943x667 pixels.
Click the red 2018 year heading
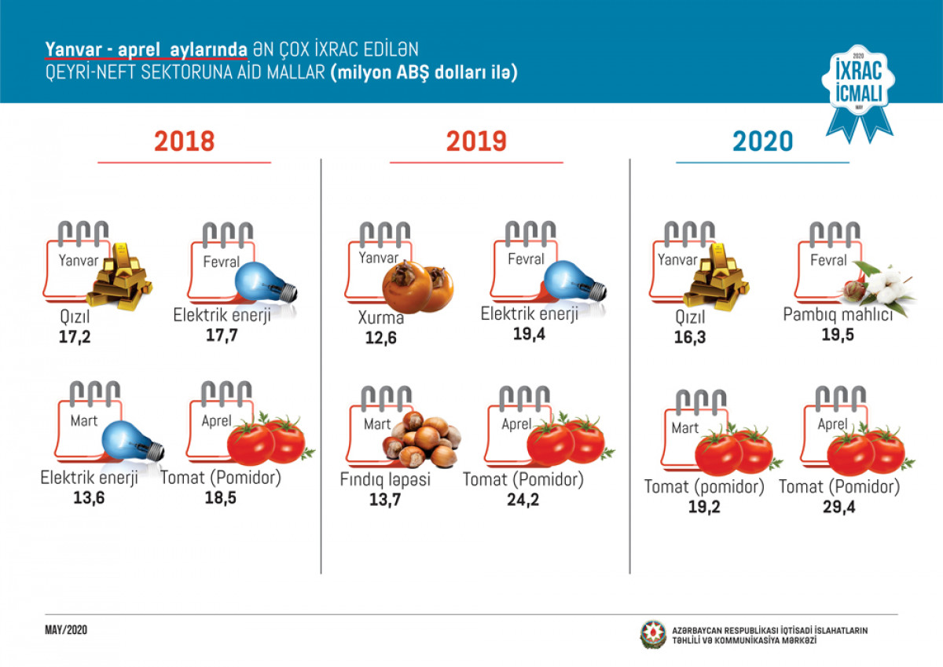tap(184, 141)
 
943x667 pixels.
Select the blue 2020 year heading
tap(762, 141)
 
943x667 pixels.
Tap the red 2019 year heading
tap(476, 141)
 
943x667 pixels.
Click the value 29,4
tap(838, 507)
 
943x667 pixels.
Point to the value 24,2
tap(523, 500)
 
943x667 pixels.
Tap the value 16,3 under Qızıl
tap(688, 337)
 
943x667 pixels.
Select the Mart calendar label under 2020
tap(684, 428)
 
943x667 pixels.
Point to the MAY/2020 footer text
tap(65, 632)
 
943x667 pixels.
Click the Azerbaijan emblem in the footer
tap(651, 635)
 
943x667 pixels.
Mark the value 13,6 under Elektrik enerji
tap(89, 497)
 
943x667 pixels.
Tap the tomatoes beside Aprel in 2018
tap(267, 439)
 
